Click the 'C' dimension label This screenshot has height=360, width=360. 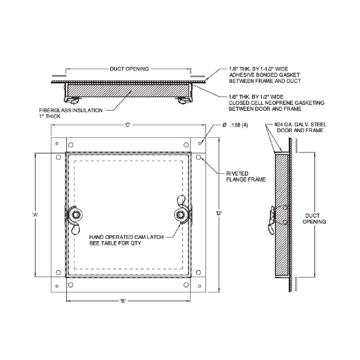(x=127, y=125)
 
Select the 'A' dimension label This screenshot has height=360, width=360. (x=35, y=215)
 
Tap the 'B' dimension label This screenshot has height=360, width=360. (x=123, y=302)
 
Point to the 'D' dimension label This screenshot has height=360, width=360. (x=219, y=213)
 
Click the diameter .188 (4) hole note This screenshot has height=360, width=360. (x=235, y=125)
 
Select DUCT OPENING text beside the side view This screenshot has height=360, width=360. (x=314, y=218)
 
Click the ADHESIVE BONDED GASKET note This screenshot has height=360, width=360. (x=265, y=75)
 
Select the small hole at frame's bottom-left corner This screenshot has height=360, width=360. (x=57, y=286)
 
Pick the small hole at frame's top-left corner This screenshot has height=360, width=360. (x=57, y=144)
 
